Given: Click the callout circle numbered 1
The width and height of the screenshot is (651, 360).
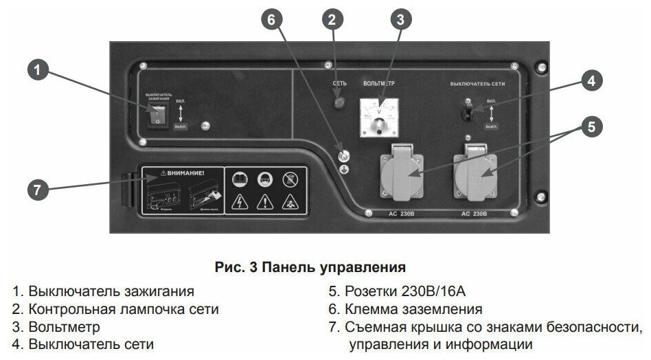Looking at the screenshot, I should (x=40, y=70).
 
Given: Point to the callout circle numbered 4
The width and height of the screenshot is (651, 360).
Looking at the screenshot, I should (x=588, y=80).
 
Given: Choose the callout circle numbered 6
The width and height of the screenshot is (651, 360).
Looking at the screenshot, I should (x=271, y=19).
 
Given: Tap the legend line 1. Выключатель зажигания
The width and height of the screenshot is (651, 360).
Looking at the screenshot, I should (x=102, y=291).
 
